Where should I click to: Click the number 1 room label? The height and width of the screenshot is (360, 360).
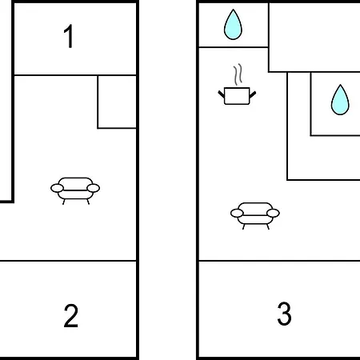(69, 36)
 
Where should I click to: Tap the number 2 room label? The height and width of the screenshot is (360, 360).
(71, 316)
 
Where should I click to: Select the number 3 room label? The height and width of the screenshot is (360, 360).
(284, 314)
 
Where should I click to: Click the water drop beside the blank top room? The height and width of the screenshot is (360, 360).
(233, 25)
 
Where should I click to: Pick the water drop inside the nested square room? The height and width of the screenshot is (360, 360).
(340, 100)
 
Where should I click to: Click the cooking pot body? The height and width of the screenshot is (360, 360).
(237, 96)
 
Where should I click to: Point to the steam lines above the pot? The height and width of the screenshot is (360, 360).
(238, 74)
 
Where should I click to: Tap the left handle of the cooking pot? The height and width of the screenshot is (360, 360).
(222, 94)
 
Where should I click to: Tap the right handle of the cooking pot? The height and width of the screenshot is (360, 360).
(253, 94)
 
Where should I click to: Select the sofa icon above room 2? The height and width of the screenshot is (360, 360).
(75, 190)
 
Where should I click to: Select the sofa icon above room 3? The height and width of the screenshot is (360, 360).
(255, 216)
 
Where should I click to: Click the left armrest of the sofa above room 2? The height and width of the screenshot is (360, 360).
(57, 188)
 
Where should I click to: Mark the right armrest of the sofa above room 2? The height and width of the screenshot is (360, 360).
(94, 188)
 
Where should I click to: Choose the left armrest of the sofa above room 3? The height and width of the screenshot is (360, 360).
(237, 213)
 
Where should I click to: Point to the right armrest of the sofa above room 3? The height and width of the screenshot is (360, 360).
(273, 213)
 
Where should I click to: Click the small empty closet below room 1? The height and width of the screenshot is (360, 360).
(117, 102)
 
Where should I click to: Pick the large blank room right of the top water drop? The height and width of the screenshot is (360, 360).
(314, 38)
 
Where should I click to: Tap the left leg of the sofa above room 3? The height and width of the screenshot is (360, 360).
(243, 226)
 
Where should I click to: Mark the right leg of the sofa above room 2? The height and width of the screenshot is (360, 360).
(88, 202)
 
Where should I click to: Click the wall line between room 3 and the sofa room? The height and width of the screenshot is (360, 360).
(279, 261)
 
